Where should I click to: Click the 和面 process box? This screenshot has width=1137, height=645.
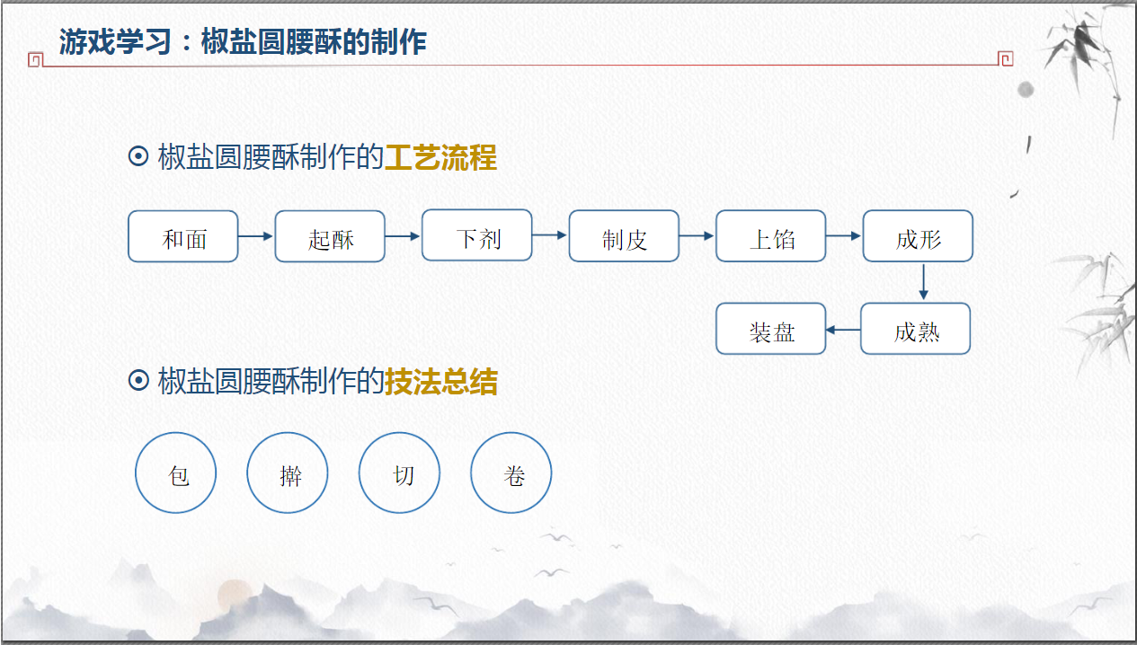tap(183, 236)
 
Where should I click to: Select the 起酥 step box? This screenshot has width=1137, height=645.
tap(330, 236)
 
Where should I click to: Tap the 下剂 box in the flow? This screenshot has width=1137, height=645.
tap(477, 235)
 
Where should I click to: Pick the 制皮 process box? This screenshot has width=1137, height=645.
tap(624, 236)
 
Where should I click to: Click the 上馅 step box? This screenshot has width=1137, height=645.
tap(771, 236)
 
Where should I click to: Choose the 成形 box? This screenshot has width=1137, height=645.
tap(918, 236)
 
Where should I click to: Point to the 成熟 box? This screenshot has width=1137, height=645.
tap(916, 329)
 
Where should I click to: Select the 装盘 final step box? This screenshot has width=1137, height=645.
tap(771, 329)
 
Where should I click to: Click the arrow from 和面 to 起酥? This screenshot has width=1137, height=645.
tap(256, 236)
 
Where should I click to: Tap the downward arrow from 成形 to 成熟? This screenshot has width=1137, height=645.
tap(923, 282)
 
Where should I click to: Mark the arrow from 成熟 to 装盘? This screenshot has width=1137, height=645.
tap(843, 330)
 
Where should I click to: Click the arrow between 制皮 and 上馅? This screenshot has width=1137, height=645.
tap(697, 236)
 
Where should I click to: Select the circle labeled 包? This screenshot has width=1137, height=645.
tap(176, 473)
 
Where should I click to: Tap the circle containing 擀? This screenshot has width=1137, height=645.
tap(288, 473)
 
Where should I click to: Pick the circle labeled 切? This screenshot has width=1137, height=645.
tap(400, 473)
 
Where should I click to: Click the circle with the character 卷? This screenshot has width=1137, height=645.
tap(511, 473)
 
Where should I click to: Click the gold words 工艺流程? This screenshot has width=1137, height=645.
tap(440, 157)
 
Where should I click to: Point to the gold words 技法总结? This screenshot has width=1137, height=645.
tap(440, 382)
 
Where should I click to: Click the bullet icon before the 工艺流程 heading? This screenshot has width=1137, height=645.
tap(138, 157)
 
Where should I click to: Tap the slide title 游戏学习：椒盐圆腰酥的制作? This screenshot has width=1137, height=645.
tap(243, 41)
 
